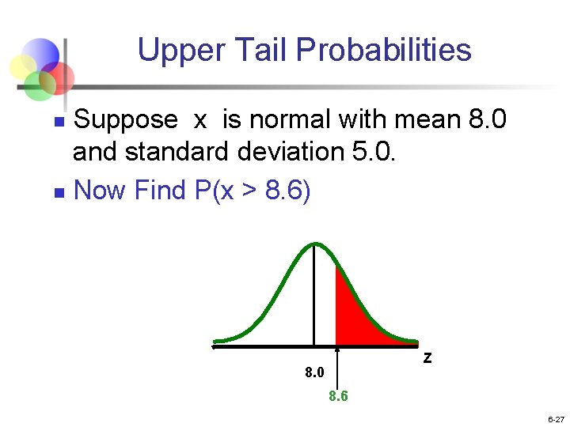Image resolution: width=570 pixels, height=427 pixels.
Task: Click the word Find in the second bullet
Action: (157, 190)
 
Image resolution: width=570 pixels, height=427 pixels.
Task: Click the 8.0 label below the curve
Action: (314, 372)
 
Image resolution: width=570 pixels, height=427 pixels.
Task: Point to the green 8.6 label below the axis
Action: (338, 396)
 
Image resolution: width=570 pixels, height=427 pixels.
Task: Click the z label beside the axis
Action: (427, 357)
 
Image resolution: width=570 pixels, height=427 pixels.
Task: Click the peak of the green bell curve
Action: (314, 244)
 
